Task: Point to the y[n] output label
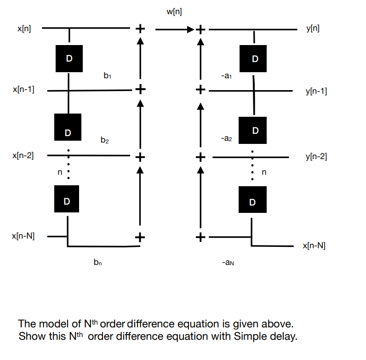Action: pos(313,29)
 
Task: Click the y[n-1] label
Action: pos(316,91)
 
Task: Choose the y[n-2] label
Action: pos(316,157)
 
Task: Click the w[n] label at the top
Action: pos(174,12)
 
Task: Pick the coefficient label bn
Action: pos(97,262)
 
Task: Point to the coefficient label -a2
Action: pos(226,138)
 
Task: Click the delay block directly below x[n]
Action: pos(69,58)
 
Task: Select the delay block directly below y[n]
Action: pos(255,59)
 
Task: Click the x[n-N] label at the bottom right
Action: pos(314,246)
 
